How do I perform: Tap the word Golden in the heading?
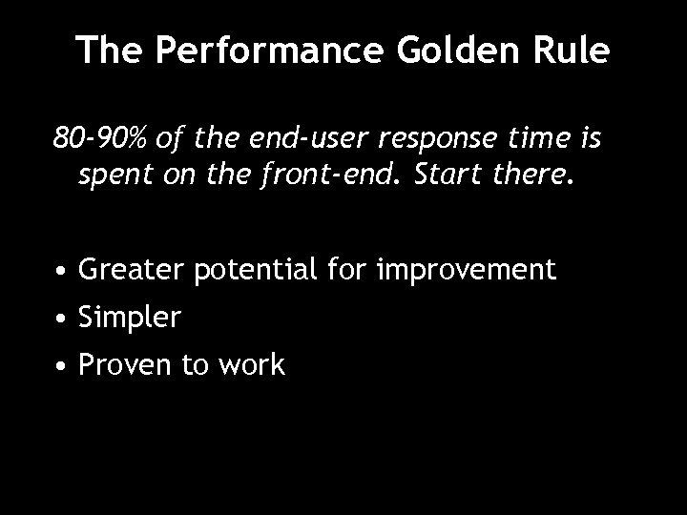pos(444,51)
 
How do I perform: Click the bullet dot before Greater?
pos(60,272)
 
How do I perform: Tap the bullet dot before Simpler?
pos(60,319)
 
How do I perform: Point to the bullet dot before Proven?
pos(60,364)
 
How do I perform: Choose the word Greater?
pos(133,271)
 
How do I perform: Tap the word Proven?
pos(126,364)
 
